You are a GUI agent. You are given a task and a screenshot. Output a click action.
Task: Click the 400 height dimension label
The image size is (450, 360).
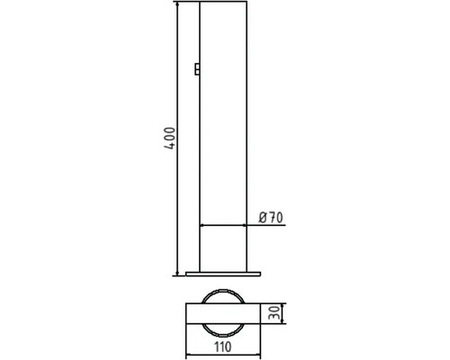point(170,139)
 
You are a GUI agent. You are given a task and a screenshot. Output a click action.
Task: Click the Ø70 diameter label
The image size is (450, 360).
point(271,218)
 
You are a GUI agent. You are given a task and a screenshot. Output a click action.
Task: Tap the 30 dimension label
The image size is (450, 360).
point(275,313)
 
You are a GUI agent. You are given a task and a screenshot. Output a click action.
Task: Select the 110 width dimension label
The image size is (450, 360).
point(223,346)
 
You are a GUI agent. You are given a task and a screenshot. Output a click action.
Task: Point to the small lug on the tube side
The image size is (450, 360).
point(197,68)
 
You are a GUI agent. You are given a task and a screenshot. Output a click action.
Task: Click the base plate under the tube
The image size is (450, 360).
point(223,274)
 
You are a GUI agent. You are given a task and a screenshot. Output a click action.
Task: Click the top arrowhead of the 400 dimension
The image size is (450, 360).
point(177,4)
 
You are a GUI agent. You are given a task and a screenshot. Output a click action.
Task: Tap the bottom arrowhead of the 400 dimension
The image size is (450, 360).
point(177,273)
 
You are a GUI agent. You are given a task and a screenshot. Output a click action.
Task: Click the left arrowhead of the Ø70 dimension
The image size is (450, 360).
point(202,225)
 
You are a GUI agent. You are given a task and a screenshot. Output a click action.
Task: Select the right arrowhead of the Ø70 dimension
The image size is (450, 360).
point(244,225)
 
